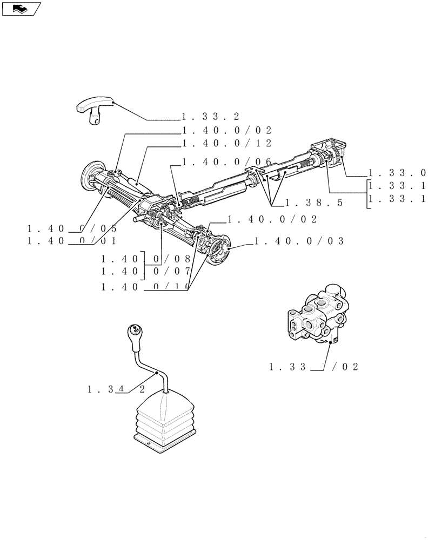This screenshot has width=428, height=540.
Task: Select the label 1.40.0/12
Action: coord(226,143)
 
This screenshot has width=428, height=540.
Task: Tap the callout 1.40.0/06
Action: coord(226,161)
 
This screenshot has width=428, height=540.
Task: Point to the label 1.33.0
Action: coord(397,173)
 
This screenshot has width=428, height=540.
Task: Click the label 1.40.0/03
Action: coord(299,241)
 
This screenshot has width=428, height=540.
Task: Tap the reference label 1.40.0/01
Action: coord(72,241)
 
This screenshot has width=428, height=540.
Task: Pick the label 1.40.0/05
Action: coord(72,227)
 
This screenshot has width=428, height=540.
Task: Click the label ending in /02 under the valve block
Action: coord(314,367)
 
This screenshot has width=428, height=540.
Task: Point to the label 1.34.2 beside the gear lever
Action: coord(116,389)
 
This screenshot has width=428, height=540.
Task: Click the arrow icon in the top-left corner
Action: coord(21,8)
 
